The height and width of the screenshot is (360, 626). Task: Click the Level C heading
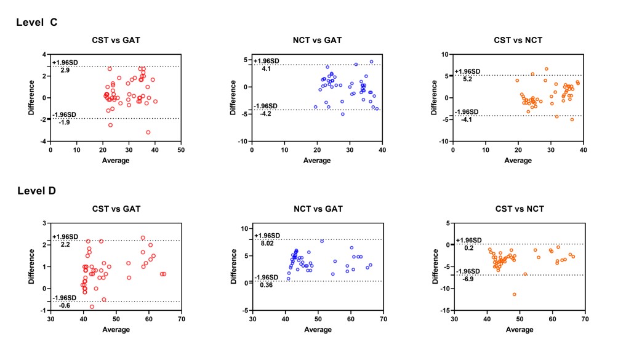36,22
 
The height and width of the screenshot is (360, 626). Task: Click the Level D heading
36,191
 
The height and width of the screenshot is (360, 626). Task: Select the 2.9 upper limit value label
65,71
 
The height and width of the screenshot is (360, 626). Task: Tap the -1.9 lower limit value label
64,122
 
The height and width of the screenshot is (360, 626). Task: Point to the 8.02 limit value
267,244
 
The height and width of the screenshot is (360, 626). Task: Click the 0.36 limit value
267,286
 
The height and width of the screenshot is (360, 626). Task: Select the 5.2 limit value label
467,79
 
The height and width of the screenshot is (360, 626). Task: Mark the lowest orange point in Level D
514,294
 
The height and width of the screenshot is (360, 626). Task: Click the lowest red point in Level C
148,132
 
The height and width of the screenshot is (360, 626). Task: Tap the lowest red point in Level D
92,306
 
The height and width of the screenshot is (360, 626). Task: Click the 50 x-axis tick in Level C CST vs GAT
180,150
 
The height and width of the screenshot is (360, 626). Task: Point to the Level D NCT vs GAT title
317,209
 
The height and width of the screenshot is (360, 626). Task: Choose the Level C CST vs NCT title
518,41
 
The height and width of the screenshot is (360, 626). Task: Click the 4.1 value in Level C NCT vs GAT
266,69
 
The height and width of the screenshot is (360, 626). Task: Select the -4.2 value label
267,114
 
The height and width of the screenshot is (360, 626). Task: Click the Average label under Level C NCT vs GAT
317,161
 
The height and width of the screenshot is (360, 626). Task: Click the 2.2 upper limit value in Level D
65,244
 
